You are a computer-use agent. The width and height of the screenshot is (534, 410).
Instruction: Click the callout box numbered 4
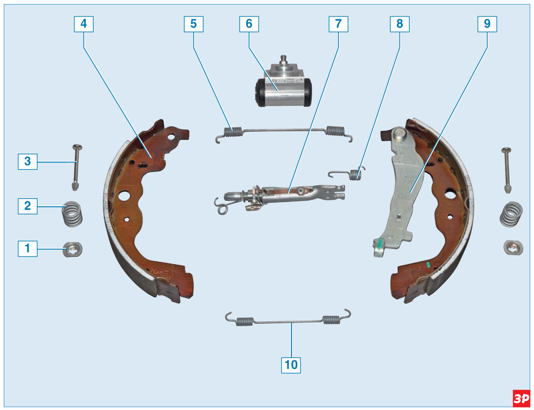(x=84, y=24)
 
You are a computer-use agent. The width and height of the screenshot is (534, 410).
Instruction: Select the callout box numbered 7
(x=338, y=24)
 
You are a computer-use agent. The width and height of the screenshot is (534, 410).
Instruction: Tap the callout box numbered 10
(x=291, y=365)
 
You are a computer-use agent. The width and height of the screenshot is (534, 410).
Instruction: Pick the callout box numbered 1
(x=28, y=249)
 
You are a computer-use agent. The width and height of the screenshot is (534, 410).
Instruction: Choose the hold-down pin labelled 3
(x=76, y=167)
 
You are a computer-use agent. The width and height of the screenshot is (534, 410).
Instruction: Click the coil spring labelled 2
(x=72, y=214)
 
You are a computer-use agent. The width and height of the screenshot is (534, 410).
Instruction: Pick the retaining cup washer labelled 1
(x=72, y=249)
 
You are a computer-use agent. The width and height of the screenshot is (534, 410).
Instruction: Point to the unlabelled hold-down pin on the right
(x=507, y=171)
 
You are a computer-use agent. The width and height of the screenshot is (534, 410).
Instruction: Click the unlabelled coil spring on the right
(x=511, y=214)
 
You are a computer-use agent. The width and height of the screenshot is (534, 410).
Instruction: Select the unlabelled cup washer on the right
(x=513, y=248)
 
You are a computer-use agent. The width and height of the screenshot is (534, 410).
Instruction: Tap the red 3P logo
(x=521, y=399)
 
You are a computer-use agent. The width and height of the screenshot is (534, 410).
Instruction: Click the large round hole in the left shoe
(x=124, y=196)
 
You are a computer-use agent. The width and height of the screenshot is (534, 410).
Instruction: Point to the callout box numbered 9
(x=487, y=24)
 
